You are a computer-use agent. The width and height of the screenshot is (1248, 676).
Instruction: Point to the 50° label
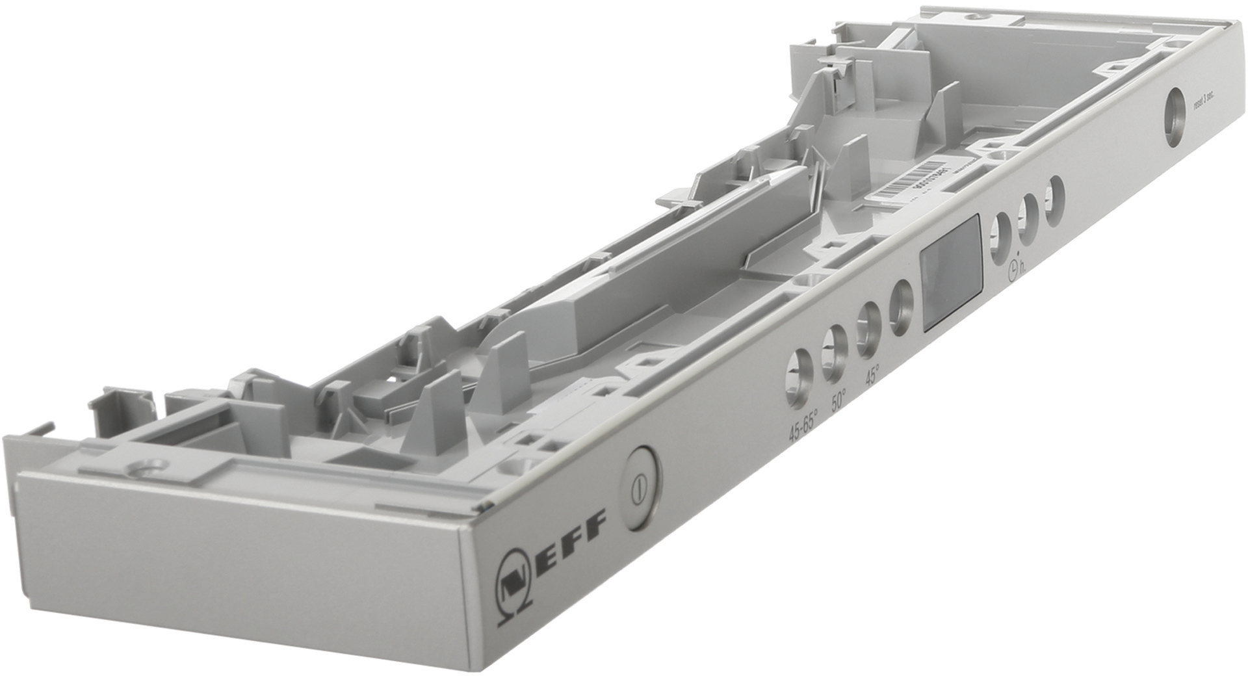(839, 398)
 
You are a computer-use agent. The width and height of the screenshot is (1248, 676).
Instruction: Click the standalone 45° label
(872, 375)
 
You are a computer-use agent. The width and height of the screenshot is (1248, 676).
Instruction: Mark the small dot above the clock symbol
(1017, 254)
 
